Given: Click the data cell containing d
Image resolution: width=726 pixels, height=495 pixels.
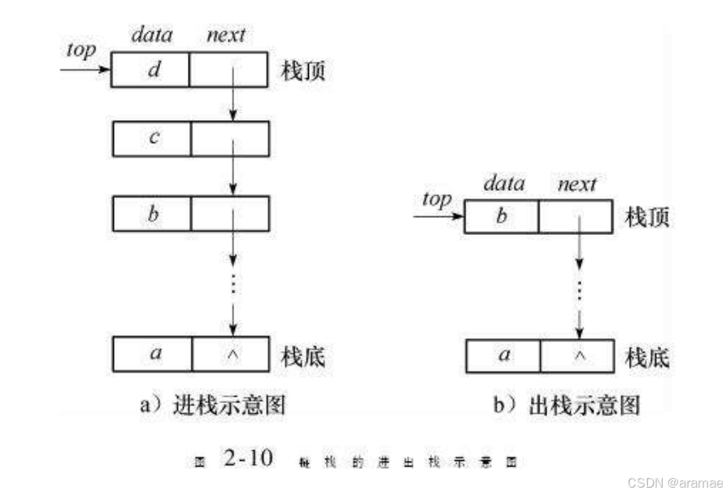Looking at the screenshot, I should tap(150, 70).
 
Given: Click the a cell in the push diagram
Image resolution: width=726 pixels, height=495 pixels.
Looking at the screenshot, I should tap(152, 355).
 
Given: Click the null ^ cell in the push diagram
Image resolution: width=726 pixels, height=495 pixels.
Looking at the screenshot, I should tap(230, 355).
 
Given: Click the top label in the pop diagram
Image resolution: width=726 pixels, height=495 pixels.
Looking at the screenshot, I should tap(437, 199).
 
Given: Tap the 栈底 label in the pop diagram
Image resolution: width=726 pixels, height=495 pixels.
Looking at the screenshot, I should tap(648, 357).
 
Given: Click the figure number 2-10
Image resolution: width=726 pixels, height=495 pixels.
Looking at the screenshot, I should tap(248, 460).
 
